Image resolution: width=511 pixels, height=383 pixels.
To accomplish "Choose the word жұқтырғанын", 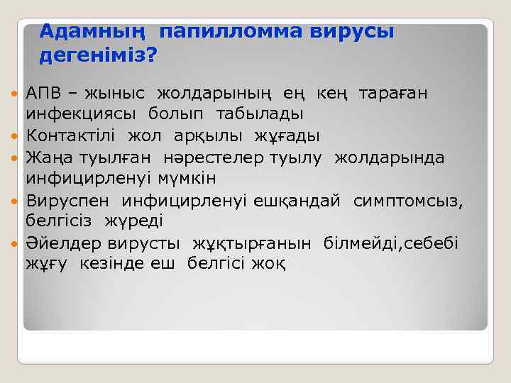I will [x=251, y=243].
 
